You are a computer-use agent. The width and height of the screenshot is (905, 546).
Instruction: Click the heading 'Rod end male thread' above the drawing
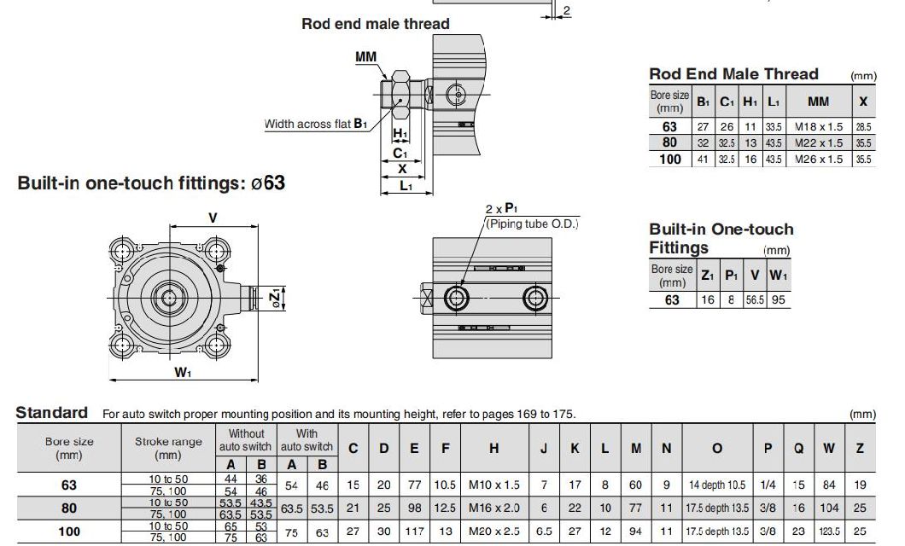click(375, 24)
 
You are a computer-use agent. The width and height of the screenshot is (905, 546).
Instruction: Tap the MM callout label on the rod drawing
click(367, 57)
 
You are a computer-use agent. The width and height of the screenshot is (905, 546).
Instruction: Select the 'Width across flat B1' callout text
click(315, 125)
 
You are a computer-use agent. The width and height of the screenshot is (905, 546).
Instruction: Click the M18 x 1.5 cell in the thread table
click(818, 127)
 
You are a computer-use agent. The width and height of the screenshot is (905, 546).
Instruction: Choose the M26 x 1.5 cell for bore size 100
click(818, 160)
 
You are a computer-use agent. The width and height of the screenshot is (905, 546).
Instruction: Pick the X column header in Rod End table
click(863, 102)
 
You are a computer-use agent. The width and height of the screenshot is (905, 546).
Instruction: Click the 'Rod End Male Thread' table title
click(733, 74)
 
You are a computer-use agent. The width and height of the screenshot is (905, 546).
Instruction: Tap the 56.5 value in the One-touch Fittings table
click(754, 300)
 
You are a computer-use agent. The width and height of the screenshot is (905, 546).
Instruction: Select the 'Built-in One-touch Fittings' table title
click(720, 238)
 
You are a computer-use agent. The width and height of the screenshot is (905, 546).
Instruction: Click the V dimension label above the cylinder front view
click(213, 218)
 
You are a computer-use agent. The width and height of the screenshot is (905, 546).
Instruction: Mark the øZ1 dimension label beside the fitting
click(274, 299)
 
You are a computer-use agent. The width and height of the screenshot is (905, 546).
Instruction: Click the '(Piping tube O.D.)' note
click(532, 224)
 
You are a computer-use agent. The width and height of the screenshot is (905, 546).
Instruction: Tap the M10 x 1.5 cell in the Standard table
click(493, 485)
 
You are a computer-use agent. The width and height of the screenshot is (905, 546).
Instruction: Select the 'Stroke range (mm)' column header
click(168, 448)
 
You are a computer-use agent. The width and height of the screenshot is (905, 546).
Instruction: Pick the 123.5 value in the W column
click(829, 531)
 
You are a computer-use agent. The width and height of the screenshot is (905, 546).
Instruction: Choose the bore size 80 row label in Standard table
click(69, 508)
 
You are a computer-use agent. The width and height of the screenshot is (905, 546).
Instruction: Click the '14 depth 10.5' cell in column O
click(716, 485)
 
